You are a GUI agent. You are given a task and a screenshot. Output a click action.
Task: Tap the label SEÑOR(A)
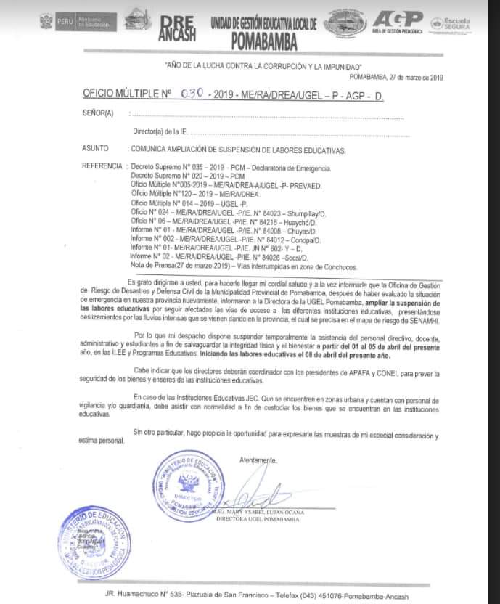99,114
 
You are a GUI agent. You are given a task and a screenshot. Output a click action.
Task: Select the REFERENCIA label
102,166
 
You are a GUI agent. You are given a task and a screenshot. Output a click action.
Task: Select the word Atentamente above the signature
258,460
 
